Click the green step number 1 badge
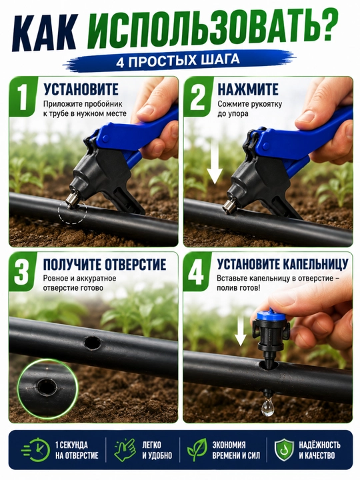pos(23,97)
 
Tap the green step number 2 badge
pos(198,97)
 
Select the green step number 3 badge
pos(23,271)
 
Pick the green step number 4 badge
pos(197,271)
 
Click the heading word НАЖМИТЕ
pos(248,90)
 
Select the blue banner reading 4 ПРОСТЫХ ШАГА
pos(179,60)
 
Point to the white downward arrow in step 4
pos(241,331)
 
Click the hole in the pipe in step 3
pos(93,343)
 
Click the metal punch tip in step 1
pos(73,203)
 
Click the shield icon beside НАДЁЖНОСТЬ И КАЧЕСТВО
pos(284,450)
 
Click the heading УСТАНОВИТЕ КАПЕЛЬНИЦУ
pos(283,265)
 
